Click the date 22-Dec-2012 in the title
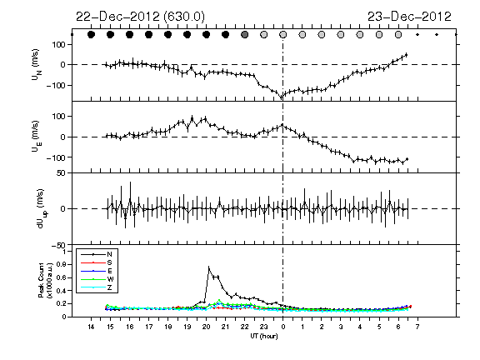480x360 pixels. tap(117, 17)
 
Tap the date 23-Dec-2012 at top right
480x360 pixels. tap(409, 17)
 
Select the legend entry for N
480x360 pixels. tap(97, 254)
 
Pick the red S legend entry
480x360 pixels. tap(97, 262)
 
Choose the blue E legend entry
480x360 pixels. tap(97, 271)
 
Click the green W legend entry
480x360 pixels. tap(97, 279)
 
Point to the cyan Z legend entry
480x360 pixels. tap(97, 287)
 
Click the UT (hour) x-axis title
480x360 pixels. tap(264, 336)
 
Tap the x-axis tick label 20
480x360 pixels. tap(207, 327)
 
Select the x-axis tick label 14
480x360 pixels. tap(91, 327)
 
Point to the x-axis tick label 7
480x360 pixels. tap(417, 327)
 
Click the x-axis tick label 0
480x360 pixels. tap(282, 327)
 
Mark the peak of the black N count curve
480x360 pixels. tap(209, 267)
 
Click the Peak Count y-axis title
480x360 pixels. tap(45, 280)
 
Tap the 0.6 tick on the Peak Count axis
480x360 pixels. tap(62, 277)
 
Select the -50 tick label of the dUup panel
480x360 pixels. tap(58, 245)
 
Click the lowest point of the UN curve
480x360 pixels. tap(282, 98)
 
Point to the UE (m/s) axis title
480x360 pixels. tap(36, 136)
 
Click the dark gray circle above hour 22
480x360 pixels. tap(244, 35)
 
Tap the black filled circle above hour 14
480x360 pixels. tap(91, 35)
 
